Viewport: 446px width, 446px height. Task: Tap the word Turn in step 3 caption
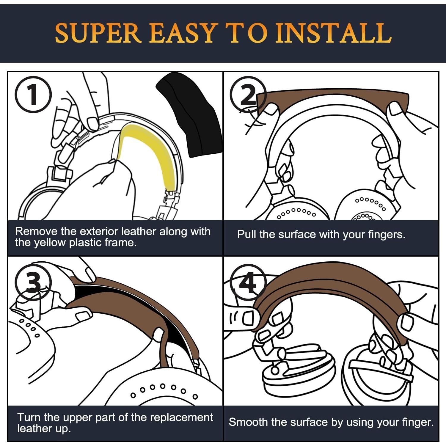(29, 417)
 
